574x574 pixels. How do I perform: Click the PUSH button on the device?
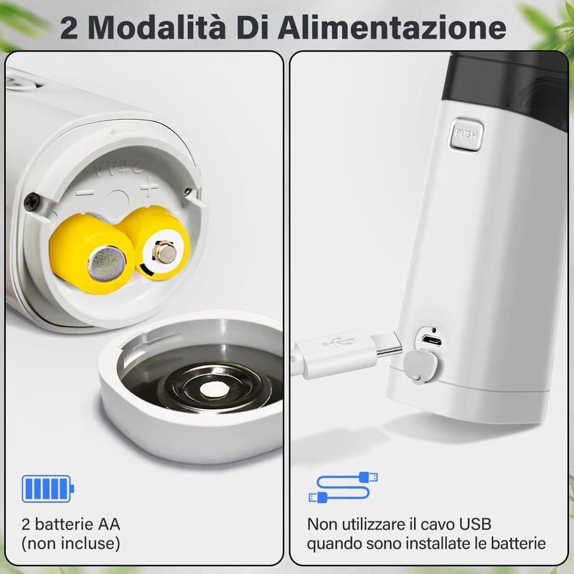466,134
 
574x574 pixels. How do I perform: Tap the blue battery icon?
47,489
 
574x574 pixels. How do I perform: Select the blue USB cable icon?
343,487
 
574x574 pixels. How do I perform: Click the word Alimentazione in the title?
392,27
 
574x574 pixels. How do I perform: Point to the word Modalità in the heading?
157,27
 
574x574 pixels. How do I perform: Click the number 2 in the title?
69,28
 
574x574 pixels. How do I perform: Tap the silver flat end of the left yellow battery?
106,263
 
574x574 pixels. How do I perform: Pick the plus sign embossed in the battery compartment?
149,189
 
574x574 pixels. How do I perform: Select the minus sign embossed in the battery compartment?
85,193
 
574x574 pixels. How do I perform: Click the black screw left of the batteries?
32,202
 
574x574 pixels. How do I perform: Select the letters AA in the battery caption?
109,524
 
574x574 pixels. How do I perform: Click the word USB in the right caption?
475,524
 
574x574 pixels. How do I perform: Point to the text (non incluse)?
70,544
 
